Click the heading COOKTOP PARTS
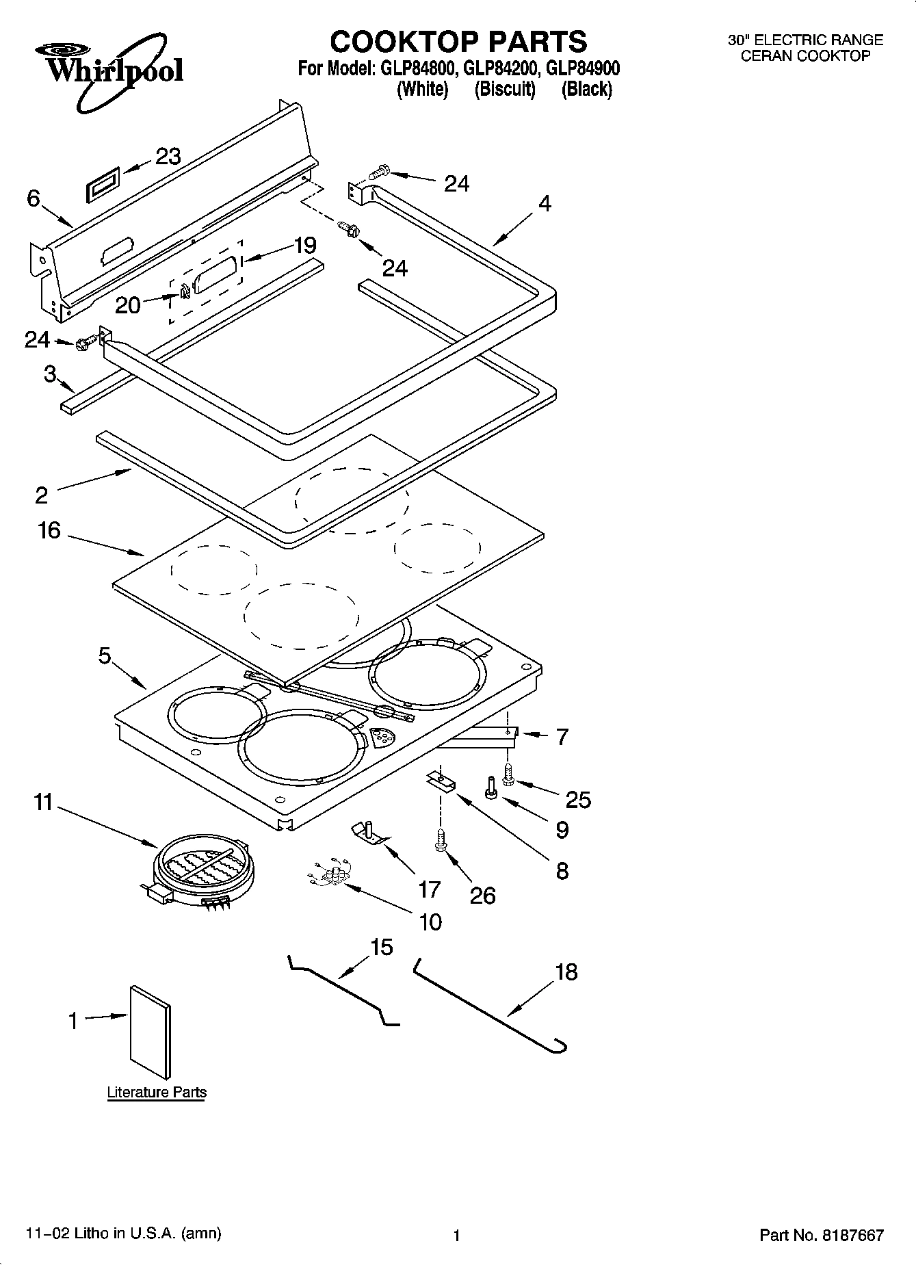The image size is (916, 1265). click(x=458, y=42)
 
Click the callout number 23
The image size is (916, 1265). click(x=168, y=157)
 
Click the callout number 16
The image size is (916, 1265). click(x=49, y=530)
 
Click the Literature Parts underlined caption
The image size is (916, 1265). click(x=157, y=1092)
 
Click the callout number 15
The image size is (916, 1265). click(x=381, y=947)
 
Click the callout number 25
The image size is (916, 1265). click(x=578, y=799)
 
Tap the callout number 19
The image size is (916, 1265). click(x=305, y=245)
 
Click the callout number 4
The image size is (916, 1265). click(x=544, y=203)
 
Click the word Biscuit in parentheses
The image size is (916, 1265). click(x=505, y=89)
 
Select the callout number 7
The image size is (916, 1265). click(x=562, y=737)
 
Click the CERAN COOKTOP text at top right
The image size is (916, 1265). click(x=805, y=56)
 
